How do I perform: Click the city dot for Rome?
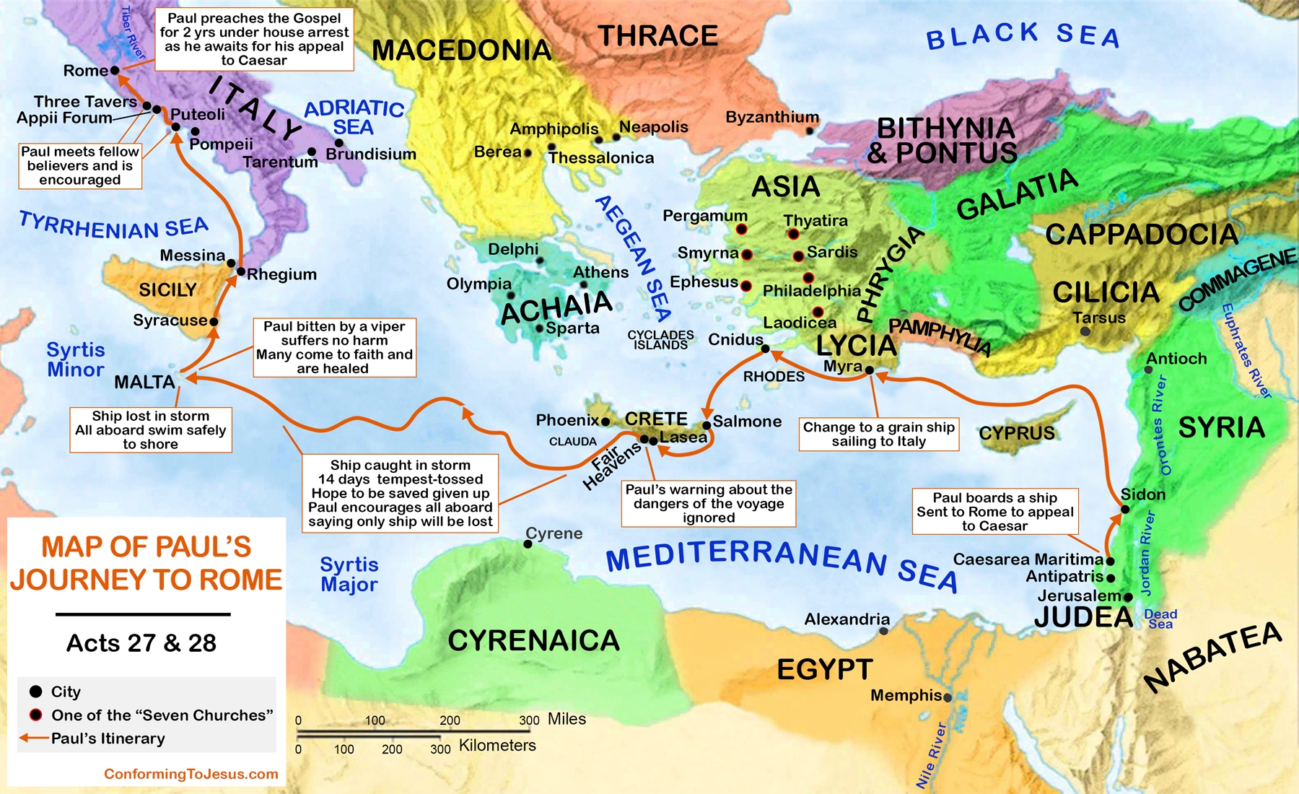click(114, 70)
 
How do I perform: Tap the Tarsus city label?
click(1098, 318)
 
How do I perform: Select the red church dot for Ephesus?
click(746, 286)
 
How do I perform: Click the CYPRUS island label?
click(1016, 433)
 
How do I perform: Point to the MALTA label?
click(144, 382)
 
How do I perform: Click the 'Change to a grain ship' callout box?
click(878, 434)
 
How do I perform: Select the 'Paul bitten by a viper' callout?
click(334, 347)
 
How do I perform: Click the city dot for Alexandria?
click(883, 631)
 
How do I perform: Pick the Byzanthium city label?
click(771, 117)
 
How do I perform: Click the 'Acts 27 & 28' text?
click(141, 642)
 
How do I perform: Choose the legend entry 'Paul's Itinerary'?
click(108, 738)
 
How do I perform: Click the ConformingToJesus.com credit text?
click(191, 774)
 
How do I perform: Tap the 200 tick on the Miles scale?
click(450, 720)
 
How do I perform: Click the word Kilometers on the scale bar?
click(497, 746)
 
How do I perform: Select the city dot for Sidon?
click(1124, 510)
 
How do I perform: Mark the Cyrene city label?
click(554, 533)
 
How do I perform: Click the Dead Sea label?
click(1160, 619)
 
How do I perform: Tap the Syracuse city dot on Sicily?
click(214, 321)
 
